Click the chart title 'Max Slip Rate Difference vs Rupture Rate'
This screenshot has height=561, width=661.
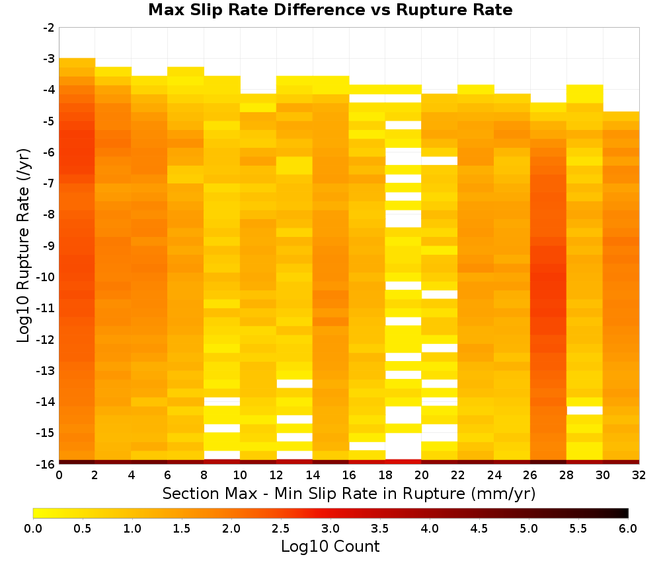pos(330,9)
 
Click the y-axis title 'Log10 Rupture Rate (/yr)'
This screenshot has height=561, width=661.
pos(24,246)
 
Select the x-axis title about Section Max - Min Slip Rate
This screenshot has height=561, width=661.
pos(348,493)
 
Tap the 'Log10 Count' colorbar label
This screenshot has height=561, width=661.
pos(330,546)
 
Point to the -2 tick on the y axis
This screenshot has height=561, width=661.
pos(49,28)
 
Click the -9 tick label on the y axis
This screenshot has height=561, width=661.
pos(49,246)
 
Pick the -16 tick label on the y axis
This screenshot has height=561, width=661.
pos(46,464)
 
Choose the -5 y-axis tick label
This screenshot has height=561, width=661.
pos(49,121)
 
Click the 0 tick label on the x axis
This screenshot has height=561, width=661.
pos(59,475)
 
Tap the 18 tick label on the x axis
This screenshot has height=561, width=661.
pos(385,475)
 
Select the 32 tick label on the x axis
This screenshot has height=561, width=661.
pos(639,475)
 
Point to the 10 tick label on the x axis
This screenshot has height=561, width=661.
pos(241,475)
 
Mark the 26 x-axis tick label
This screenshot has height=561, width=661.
pos(530,475)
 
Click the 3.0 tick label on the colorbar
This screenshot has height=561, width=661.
pos(330,528)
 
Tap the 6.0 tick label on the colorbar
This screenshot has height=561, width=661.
pos(628,528)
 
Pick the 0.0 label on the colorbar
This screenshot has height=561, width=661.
pos(33,528)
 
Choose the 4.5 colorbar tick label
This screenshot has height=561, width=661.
pos(479,528)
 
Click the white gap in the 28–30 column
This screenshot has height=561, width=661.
pos(585,411)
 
